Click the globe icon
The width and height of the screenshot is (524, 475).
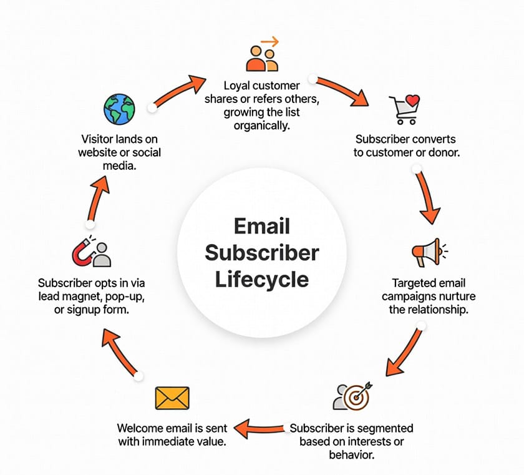[119, 109]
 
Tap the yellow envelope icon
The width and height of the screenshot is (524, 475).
[171, 398]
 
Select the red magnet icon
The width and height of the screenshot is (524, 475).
[84, 253]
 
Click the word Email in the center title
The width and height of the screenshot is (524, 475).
[262, 226]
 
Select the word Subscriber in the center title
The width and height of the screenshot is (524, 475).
[262, 252]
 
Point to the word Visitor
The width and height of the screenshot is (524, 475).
[100, 139]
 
